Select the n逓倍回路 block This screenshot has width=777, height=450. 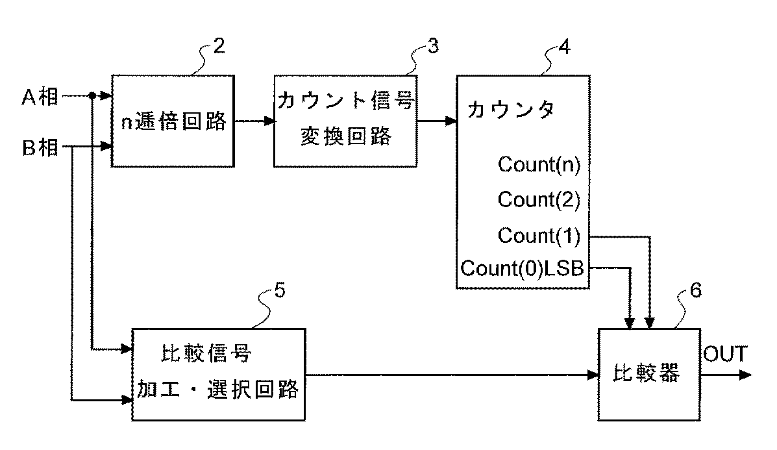point(173,121)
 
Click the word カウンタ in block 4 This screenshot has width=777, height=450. point(510,109)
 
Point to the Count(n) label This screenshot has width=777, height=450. point(539,164)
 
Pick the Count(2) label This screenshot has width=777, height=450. point(539,200)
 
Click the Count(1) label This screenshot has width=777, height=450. point(539,235)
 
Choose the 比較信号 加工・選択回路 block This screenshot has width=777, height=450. point(218,373)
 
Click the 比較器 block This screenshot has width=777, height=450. point(647,375)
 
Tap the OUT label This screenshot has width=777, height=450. point(725,355)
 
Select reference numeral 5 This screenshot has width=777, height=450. point(279,292)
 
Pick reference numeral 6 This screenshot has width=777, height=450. point(695,292)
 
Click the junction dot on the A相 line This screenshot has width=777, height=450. point(93,96)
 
